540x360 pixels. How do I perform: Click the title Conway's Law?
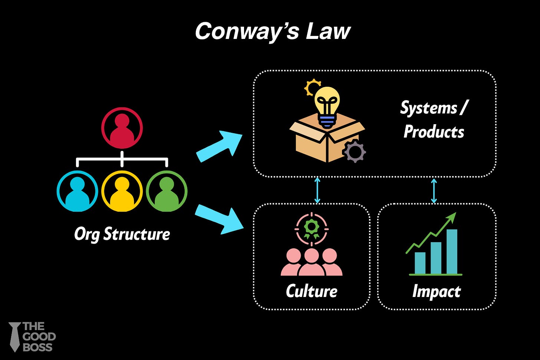[x=273, y=31]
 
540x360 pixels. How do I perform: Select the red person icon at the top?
[x=122, y=128]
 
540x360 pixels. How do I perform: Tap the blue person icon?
[x=77, y=191]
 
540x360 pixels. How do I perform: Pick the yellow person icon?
[x=122, y=191]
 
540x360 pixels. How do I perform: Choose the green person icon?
[x=167, y=191]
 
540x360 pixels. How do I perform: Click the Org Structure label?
[x=122, y=234]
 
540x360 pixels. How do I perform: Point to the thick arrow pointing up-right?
[x=220, y=146]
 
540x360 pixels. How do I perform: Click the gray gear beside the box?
[x=355, y=151]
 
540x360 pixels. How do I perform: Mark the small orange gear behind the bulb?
[x=312, y=87]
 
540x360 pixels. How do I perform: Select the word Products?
[x=434, y=132]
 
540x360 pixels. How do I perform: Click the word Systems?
[x=429, y=108]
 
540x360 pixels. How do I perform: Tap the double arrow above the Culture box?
[x=317, y=190]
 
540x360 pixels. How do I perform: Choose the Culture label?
[x=312, y=291]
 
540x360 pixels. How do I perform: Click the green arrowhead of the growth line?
[x=452, y=217]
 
